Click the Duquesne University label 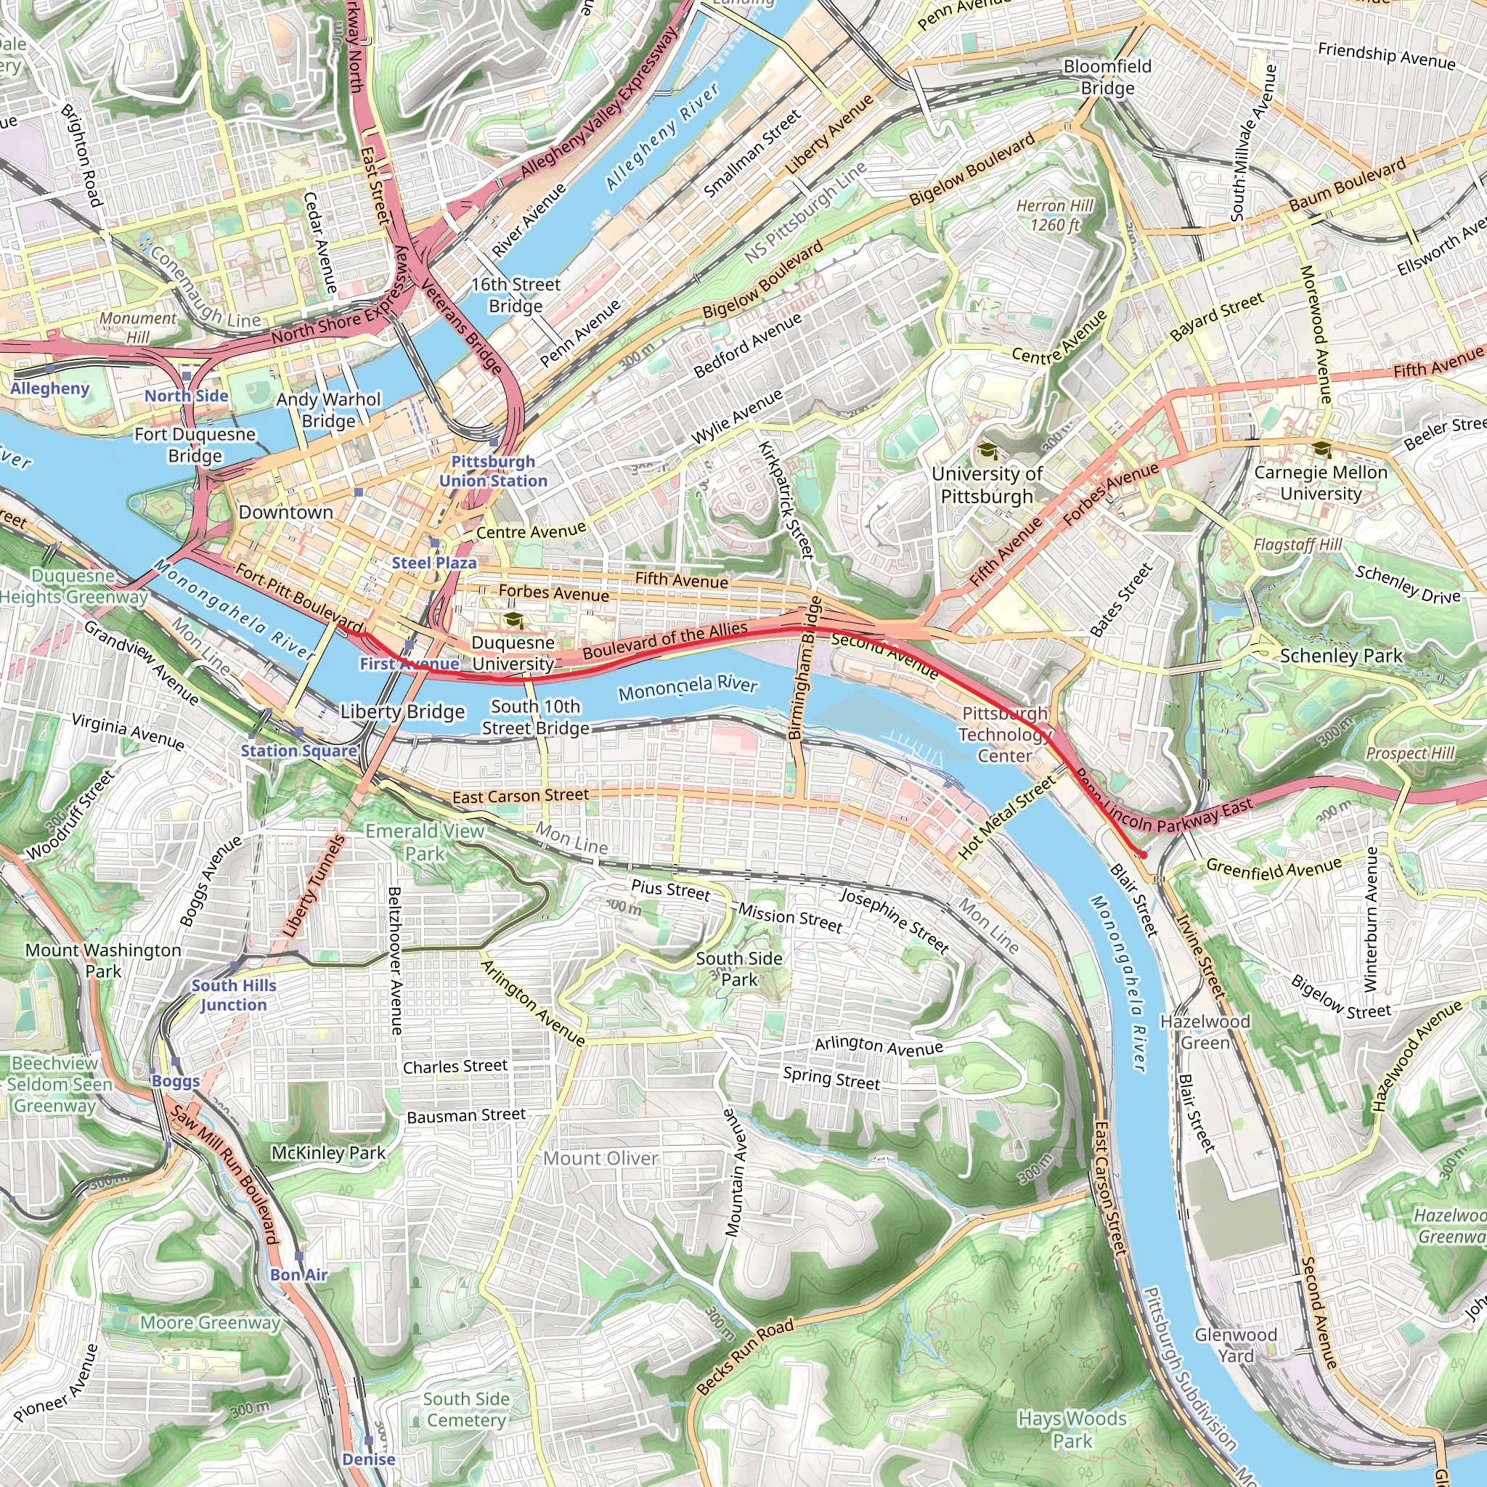[x=513, y=653]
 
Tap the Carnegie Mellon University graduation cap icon [x=1321, y=449]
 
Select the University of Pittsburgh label [x=987, y=485]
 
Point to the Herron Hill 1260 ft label [x=1054, y=216]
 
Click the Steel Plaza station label [x=434, y=563]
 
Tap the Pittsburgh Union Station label [x=493, y=471]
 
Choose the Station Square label [x=298, y=751]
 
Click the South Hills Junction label [x=233, y=995]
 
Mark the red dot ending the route [x=1143, y=855]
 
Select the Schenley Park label [x=1341, y=656]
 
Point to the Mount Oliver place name [x=600, y=1158]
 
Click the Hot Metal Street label [x=1007, y=818]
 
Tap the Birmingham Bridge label [x=805, y=668]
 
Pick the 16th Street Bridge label [x=516, y=295]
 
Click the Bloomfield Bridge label [x=1107, y=77]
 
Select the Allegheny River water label [x=662, y=137]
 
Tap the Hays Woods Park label [x=1072, y=1429]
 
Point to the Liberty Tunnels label [x=314, y=886]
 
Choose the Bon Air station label [x=298, y=1274]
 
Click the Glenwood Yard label [x=1235, y=1345]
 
